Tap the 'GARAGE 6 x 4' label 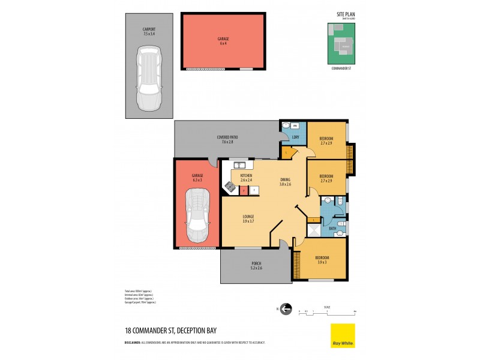(223, 40)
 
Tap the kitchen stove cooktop (229, 187)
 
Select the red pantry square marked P (244, 190)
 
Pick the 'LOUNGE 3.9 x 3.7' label (248, 218)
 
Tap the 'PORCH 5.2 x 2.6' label (256, 265)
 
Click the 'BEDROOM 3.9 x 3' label (321, 260)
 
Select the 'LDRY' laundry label (295, 137)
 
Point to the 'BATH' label (333, 229)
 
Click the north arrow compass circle (286, 309)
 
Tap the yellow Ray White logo (343, 335)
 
